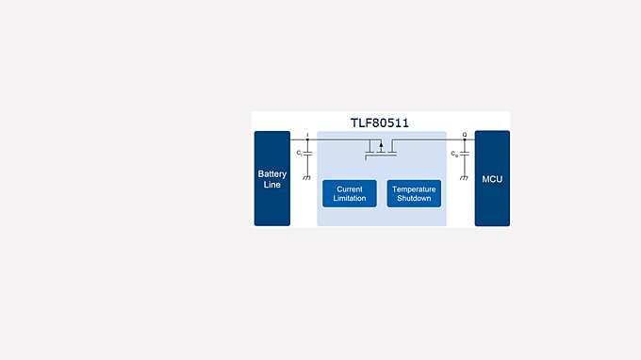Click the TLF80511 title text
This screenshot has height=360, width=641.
[x=380, y=123]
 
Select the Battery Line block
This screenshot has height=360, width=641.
[x=272, y=178]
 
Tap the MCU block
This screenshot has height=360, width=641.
[x=492, y=178]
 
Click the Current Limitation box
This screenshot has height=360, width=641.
[x=350, y=193]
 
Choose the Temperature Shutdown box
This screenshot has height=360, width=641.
[x=414, y=193]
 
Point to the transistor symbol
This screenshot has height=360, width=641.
[x=381, y=149]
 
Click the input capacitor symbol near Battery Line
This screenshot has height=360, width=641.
[x=307, y=153]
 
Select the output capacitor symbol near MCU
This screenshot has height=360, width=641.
[x=464, y=153]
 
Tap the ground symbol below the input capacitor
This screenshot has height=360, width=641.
[x=307, y=176]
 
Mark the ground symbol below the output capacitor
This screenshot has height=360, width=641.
[x=464, y=176]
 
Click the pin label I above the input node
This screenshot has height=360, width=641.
[x=307, y=135]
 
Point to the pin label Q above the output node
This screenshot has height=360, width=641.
[x=464, y=135]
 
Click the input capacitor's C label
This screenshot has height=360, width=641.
[x=298, y=153]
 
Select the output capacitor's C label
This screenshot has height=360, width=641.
[x=454, y=153]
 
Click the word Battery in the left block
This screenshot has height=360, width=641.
[x=272, y=173]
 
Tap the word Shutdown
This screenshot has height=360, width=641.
[x=414, y=199]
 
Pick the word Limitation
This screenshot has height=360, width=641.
[x=350, y=199]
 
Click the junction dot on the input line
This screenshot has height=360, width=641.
[x=307, y=141]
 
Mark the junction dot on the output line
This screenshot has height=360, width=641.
[x=464, y=141]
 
